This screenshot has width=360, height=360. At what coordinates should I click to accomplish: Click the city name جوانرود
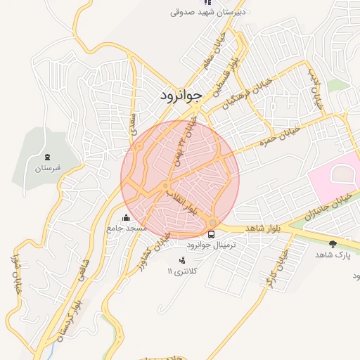coord(181,94)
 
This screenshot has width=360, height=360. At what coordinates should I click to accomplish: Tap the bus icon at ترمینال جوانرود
coord(212,234)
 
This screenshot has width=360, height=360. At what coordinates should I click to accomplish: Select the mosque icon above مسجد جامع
coord(126,217)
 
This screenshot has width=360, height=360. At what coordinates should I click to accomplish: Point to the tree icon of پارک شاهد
coord(333,244)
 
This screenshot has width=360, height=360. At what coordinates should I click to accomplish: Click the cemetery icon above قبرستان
coord(47,156)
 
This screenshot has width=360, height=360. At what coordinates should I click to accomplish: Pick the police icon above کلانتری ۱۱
coord(183,260)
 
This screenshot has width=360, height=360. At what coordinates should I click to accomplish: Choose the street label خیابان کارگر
coord(276,271)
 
